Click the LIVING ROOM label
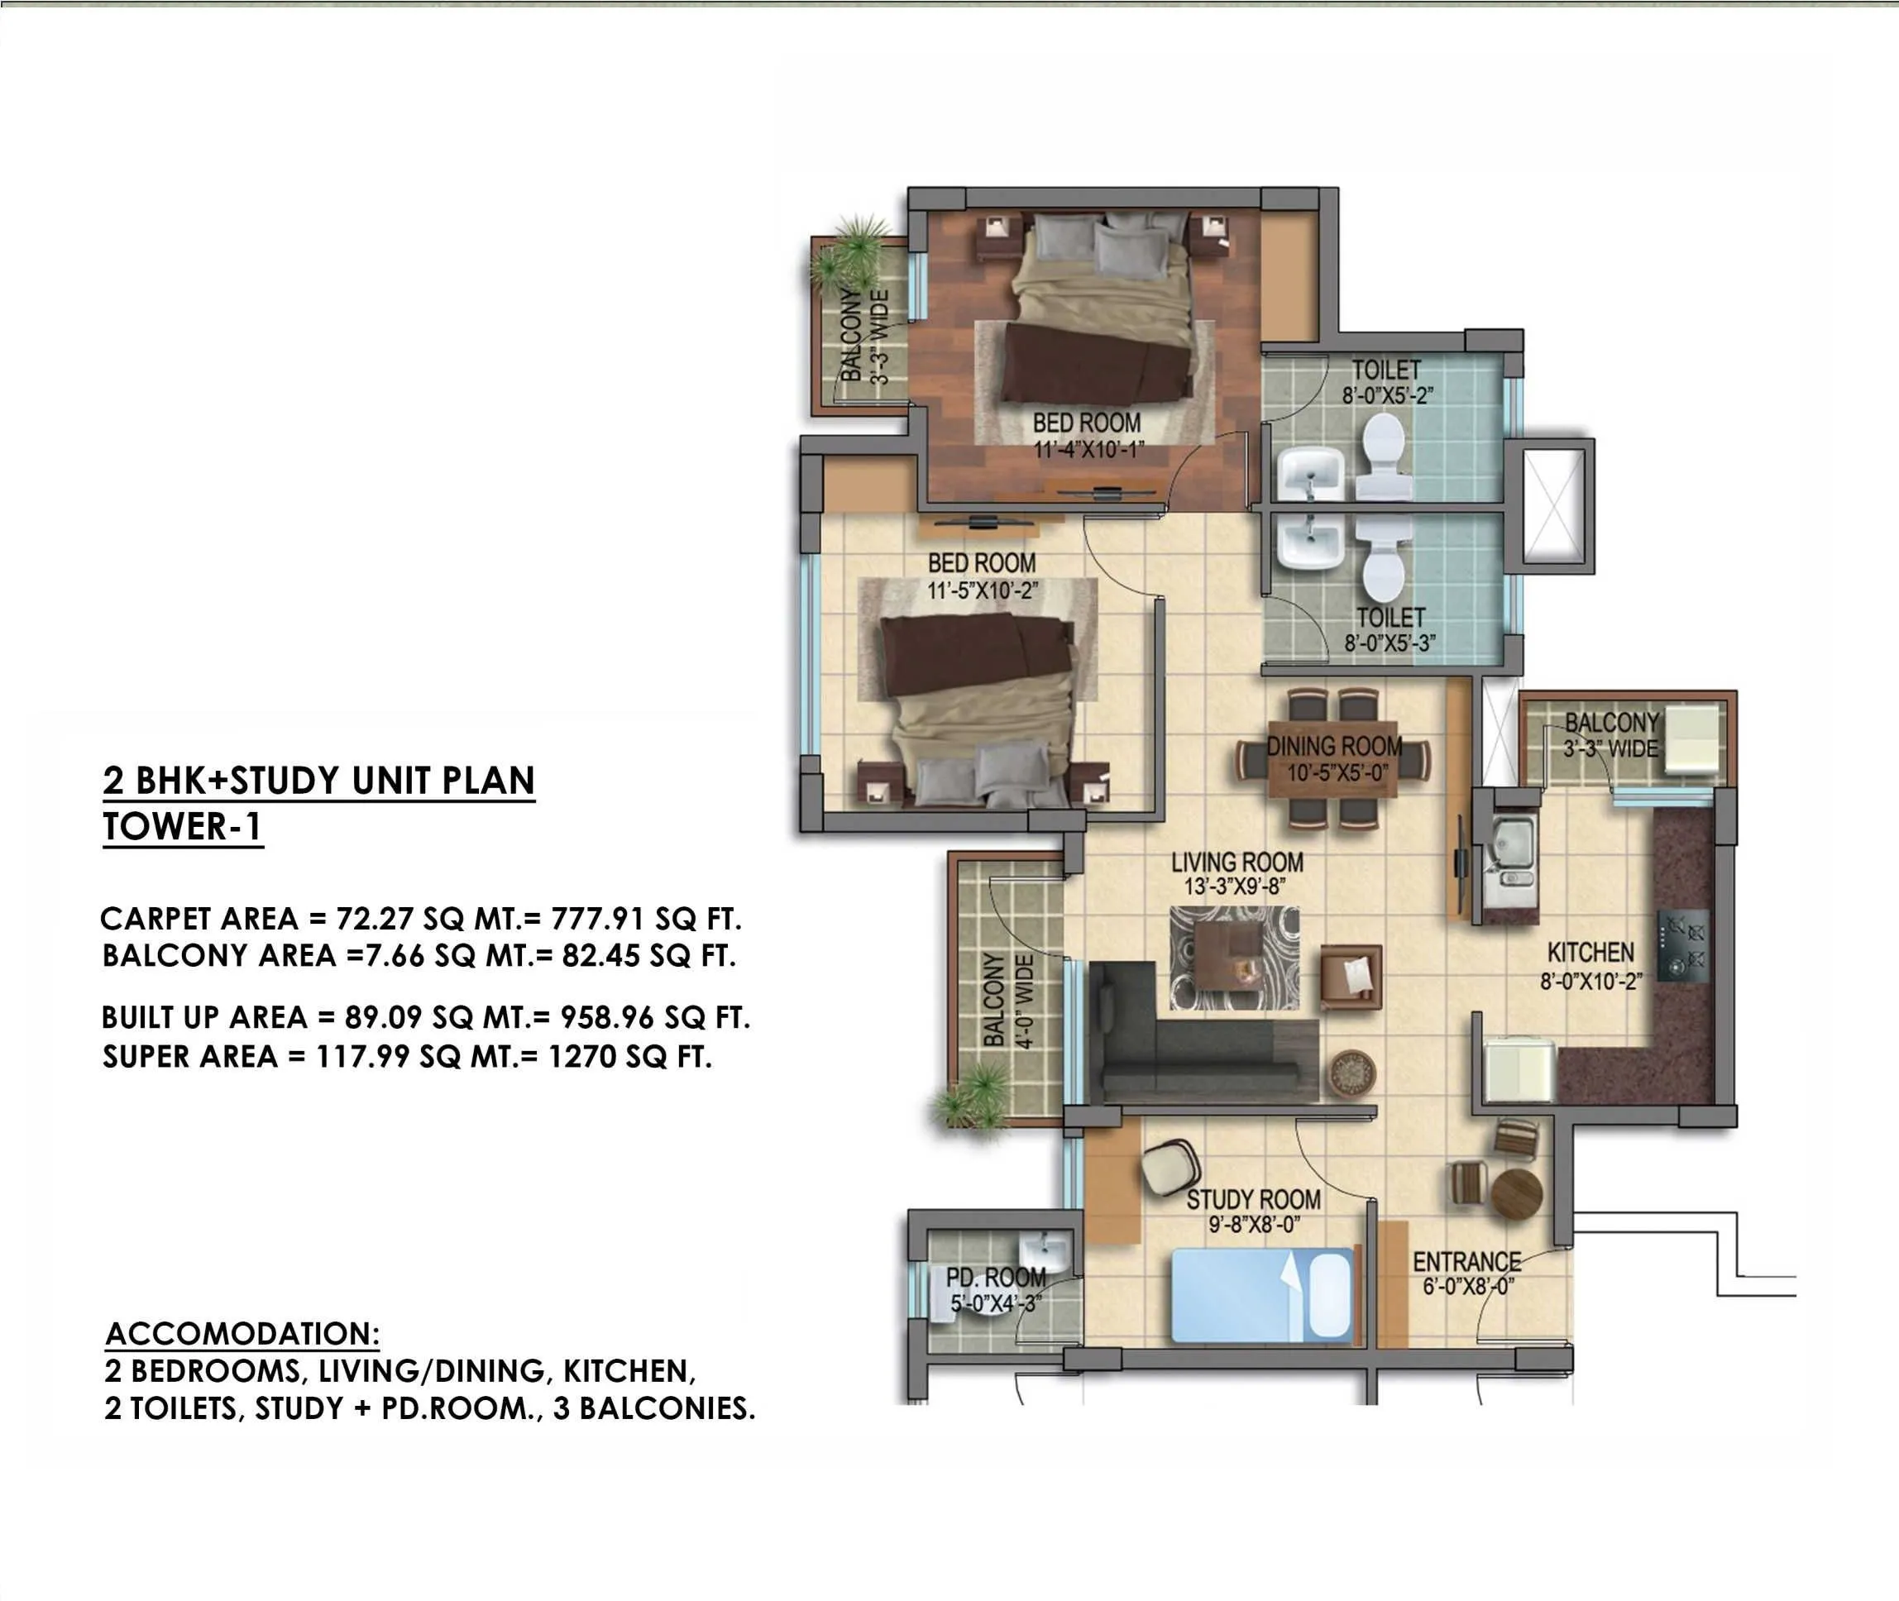coord(1237,862)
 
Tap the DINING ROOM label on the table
coord(1333,747)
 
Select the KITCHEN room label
coord(1590,952)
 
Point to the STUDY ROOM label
coord(1254,1200)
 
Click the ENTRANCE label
coord(1466,1262)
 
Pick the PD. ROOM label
coord(996,1278)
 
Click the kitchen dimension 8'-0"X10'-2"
coord(1590,981)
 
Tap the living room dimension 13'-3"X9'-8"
coord(1236,887)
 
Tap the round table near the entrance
coord(1516,1193)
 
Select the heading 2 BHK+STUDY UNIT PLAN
coord(318,781)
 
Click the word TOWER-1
coord(183,827)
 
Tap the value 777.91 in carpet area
coord(598,919)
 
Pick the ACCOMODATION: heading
coord(242,1333)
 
